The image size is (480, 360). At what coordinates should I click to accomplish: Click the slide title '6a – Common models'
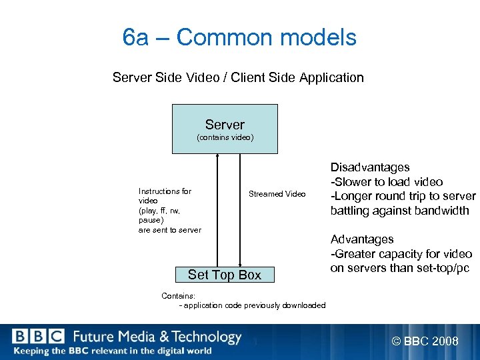(x=240, y=38)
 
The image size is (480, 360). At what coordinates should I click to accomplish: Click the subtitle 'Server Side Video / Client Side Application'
(x=238, y=78)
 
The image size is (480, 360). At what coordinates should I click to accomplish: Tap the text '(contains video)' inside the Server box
(x=225, y=138)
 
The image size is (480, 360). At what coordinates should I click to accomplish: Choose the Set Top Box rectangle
(x=225, y=275)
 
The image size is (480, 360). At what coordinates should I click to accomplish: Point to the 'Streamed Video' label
(x=277, y=194)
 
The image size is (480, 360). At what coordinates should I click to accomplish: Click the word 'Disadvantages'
(x=370, y=167)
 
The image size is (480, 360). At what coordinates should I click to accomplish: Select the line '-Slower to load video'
(x=387, y=182)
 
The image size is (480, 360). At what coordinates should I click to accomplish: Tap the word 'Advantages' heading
(x=362, y=239)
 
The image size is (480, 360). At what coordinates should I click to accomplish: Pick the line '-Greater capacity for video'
(x=401, y=254)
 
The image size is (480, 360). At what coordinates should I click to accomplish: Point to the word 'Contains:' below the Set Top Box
(x=179, y=295)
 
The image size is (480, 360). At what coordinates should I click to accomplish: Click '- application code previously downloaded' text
(x=253, y=305)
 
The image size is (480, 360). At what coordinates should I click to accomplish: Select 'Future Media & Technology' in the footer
(x=157, y=337)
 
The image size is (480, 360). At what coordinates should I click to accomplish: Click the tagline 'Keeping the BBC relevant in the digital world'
(x=112, y=351)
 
